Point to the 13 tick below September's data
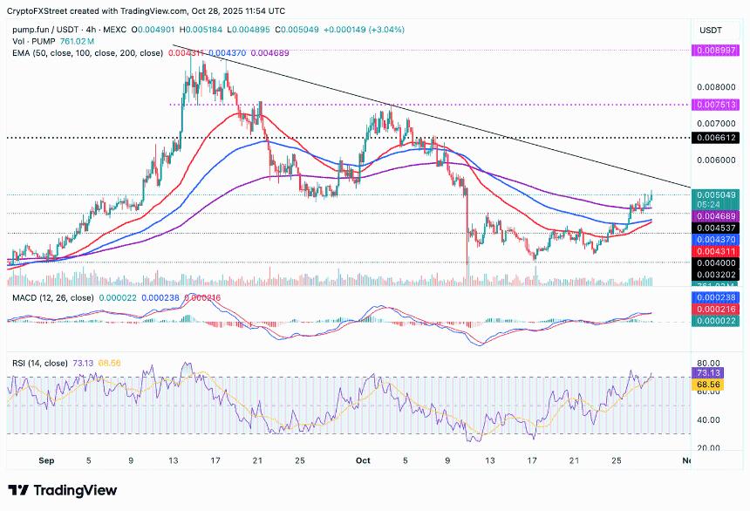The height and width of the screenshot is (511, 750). (x=173, y=459)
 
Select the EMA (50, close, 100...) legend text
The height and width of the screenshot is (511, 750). (x=87, y=53)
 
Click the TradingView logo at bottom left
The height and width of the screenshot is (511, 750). (x=62, y=490)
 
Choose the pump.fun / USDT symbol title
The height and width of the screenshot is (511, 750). (x=52, y=29)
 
